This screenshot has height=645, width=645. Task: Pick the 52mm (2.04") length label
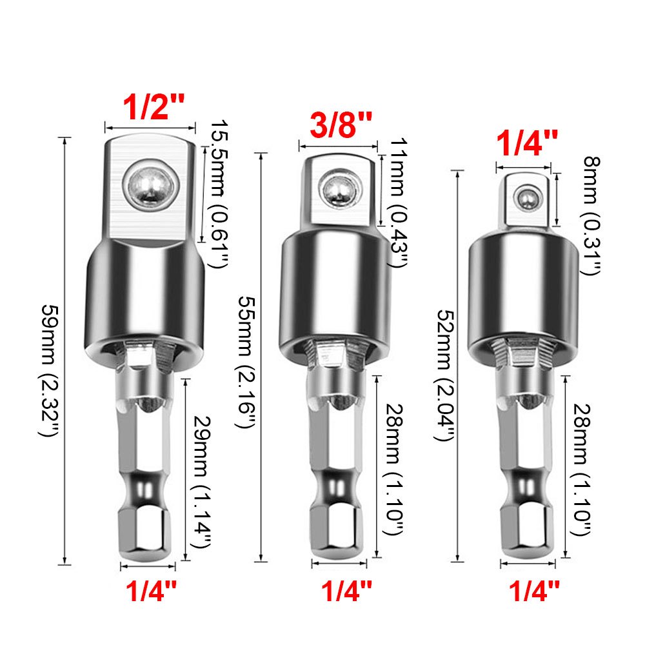point(443,374)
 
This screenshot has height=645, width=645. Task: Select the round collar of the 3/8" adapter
point(336,290)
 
